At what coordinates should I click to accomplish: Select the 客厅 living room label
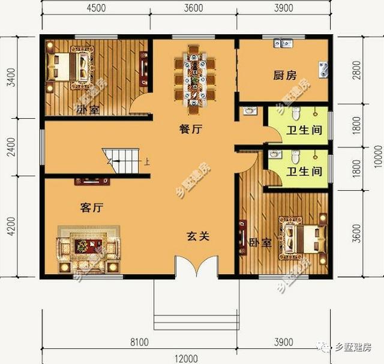92,208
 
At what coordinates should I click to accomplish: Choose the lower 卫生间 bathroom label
303,172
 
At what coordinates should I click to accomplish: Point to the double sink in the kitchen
281,44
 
